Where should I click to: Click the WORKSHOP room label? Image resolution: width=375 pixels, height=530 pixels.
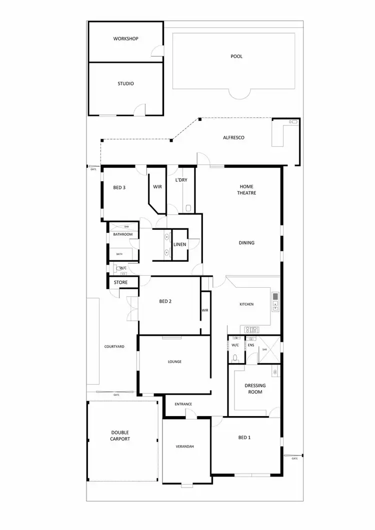click(x=125, y=39)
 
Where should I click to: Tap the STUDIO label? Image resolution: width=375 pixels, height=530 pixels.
click(x=125, y=84)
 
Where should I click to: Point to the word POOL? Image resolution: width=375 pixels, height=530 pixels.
click(x=236, y=56)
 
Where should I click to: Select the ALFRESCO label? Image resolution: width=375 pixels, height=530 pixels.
click(x=233, y=137)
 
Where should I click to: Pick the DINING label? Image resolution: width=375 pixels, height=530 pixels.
click(x=246, y=243)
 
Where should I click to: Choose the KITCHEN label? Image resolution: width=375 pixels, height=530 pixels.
click(x=246, y=304)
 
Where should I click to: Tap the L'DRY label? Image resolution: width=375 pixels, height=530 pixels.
click(x=181, y=179)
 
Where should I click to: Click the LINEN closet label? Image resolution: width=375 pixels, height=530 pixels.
click(x=180, y=244)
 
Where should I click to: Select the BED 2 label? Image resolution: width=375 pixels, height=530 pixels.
click(x=165, y=301)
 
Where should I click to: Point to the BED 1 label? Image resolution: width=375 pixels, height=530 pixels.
click(x=244, y=438)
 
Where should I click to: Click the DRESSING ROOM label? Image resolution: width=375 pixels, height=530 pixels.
click(x=255, y=389)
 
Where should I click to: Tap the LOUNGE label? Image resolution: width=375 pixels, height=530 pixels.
click(x=174, y=362)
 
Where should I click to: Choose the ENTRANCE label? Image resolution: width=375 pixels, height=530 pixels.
click(x=183, y=404)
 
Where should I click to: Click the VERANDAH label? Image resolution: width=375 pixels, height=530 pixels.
click(x=184, y=446)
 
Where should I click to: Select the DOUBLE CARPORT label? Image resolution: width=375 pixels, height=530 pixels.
click(x=120, y=436)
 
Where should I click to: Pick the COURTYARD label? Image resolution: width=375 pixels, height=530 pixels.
click(x=114, y=346)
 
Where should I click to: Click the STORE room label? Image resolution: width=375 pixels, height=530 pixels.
click(x=120, y=282)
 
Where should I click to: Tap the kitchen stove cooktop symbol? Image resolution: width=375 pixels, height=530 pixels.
click(x=250, y=329)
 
